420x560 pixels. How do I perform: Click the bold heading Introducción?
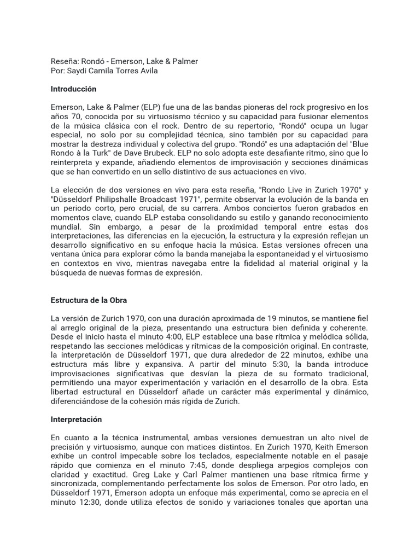(73, 89)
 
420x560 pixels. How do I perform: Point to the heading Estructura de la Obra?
(89, 300)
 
